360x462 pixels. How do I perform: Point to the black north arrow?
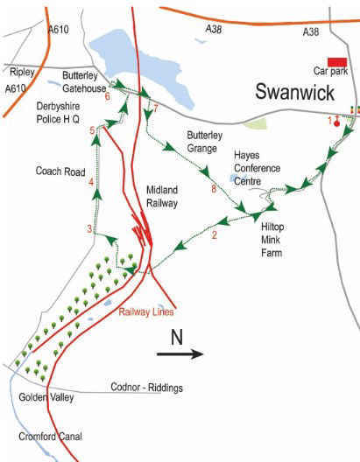180,353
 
